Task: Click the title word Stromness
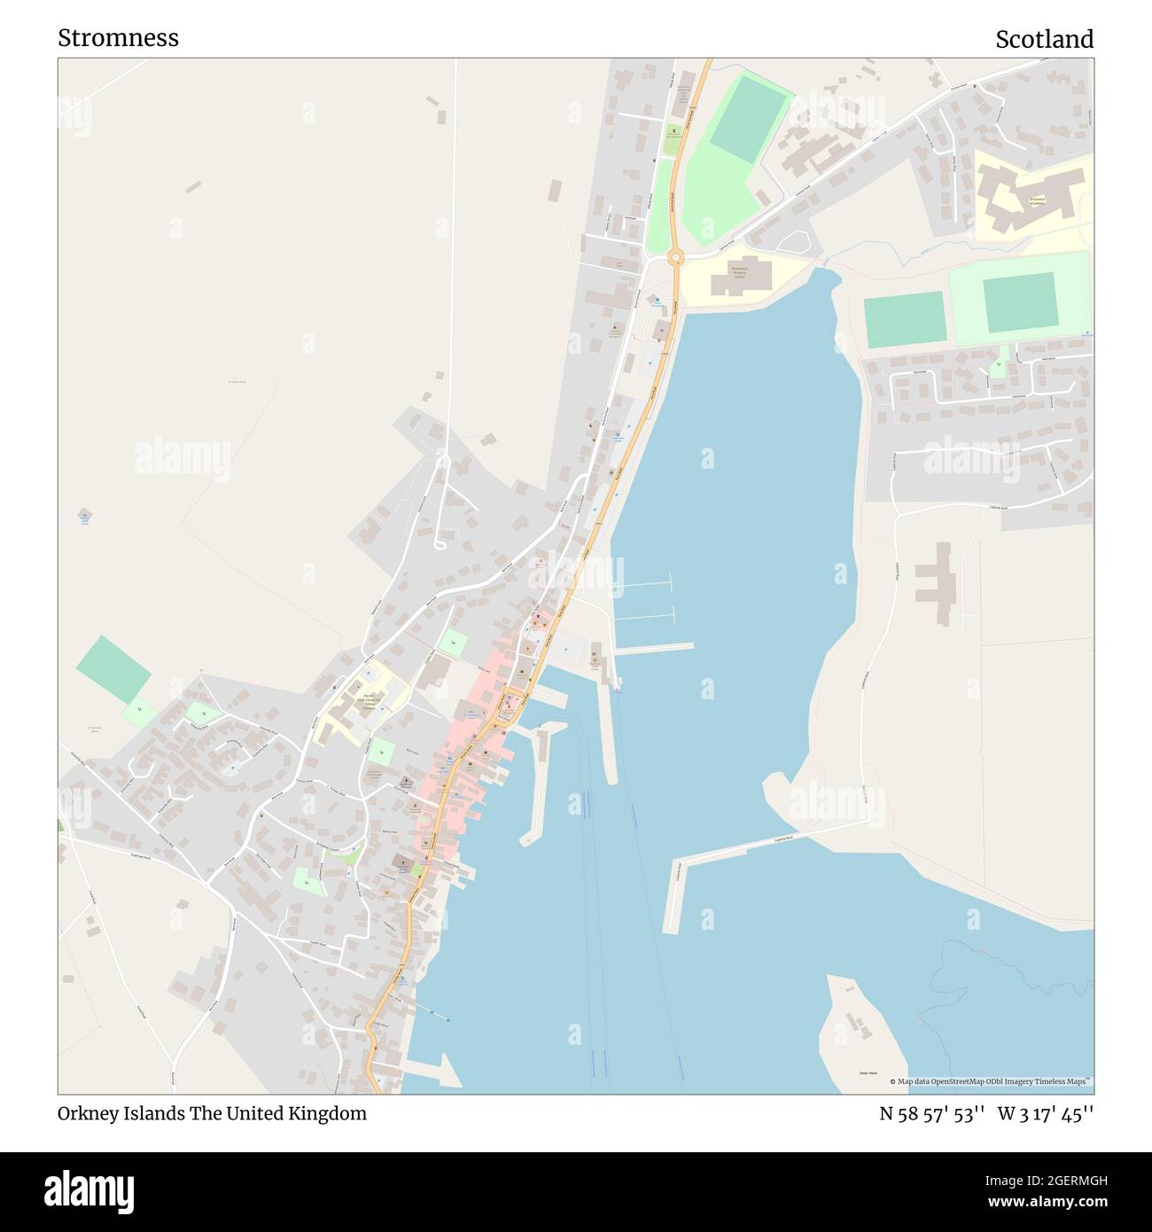[x=118, y=37]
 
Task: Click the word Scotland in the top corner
[x=1044, y=39]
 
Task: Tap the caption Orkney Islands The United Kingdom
[x=212, y=1113]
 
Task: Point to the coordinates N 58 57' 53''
[x=932, y=1113]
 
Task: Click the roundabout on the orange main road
[x=676, y=257]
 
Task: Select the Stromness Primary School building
[x=738, y=278]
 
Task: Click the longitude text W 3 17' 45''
[x=1046, y=1113]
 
